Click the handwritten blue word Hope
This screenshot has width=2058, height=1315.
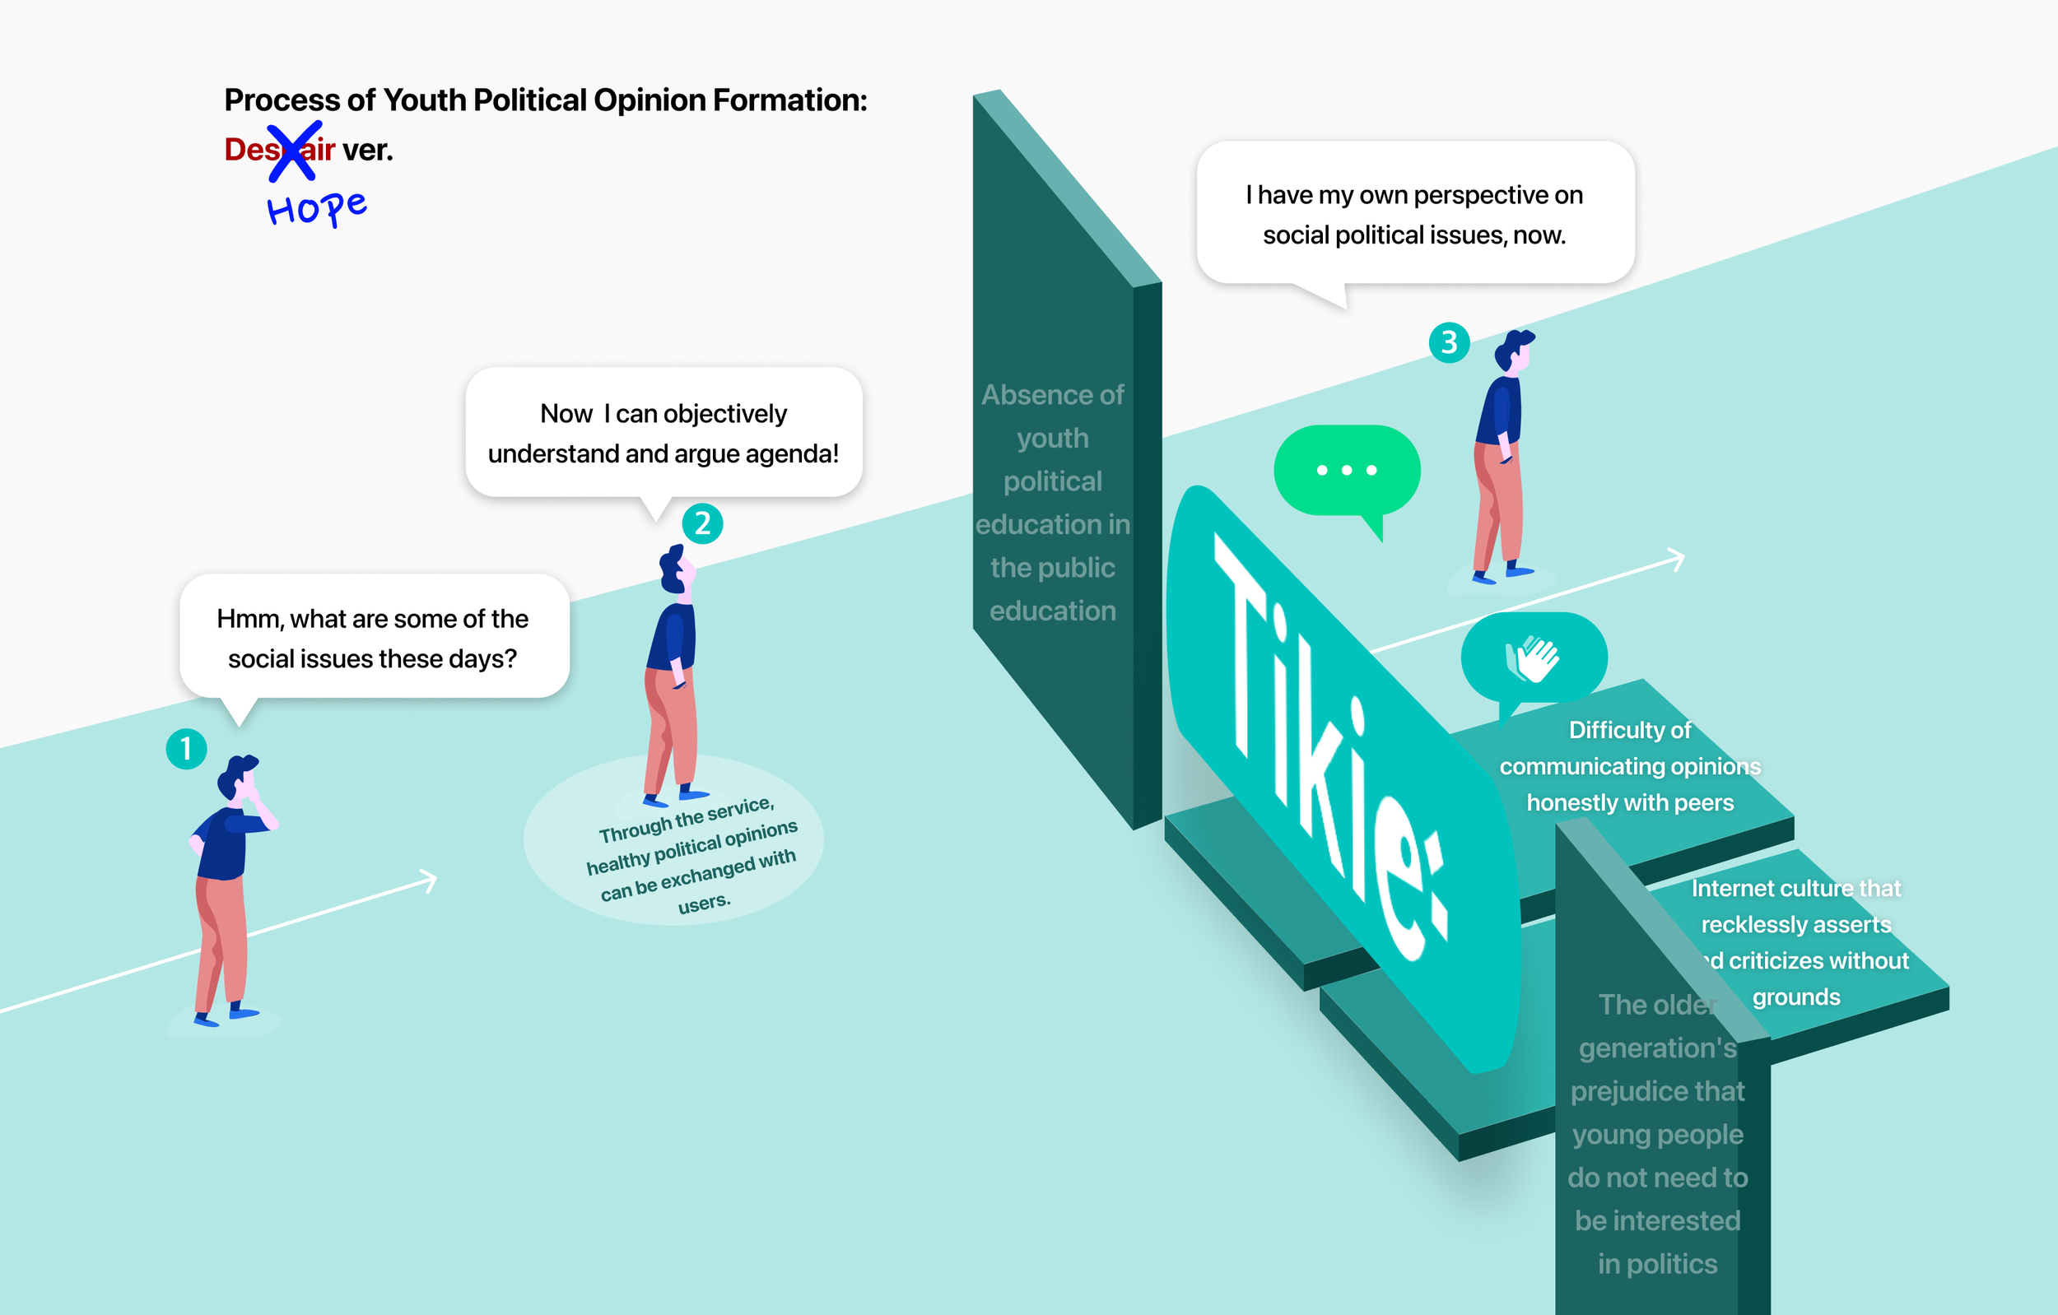click(316, 207)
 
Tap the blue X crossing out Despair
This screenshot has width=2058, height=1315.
click(294, 151)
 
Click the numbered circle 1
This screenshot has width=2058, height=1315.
click(186, 750)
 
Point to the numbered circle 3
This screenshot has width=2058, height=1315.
click(1450, 342)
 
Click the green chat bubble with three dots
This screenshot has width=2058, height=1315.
click(1347, 470)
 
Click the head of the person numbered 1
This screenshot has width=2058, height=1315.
click(237, 777)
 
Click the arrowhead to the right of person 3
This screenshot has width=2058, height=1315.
click(1677, 559)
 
